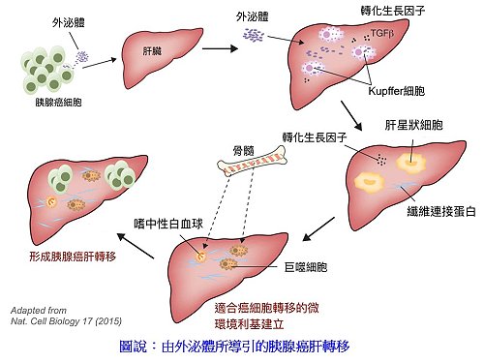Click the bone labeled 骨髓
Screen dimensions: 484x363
tap(252, 162)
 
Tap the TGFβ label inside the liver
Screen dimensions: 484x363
tap(382, 33)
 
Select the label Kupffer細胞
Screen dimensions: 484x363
tap(397, 91)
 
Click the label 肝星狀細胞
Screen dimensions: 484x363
tap(413, 125)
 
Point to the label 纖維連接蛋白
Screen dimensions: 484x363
tap(441, 211)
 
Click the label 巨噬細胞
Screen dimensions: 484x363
tap(306, 267)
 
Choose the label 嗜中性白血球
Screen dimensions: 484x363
tap(168, 224)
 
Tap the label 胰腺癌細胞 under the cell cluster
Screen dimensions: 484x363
tap(58, 103)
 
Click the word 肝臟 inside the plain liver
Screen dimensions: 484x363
tap(152, 51)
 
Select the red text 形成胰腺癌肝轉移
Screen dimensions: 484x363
tap(73, 257)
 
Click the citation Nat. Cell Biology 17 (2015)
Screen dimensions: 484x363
tap(66, 321)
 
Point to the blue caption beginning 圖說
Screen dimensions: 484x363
tap(234, 347)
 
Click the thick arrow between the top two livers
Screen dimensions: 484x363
tap(220, 48)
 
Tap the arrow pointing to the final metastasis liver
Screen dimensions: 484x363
tap(136, 246)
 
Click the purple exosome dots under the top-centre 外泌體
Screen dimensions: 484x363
tap(254, 35)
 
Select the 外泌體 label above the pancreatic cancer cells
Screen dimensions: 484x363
tap(69, 23)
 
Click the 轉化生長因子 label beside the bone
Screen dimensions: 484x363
tap(315, 137)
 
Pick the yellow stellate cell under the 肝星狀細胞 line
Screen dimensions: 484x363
tap(411, 163)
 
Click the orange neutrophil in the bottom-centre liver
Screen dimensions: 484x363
tap(200, 257)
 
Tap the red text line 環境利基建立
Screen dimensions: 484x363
tap(249, 324)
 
